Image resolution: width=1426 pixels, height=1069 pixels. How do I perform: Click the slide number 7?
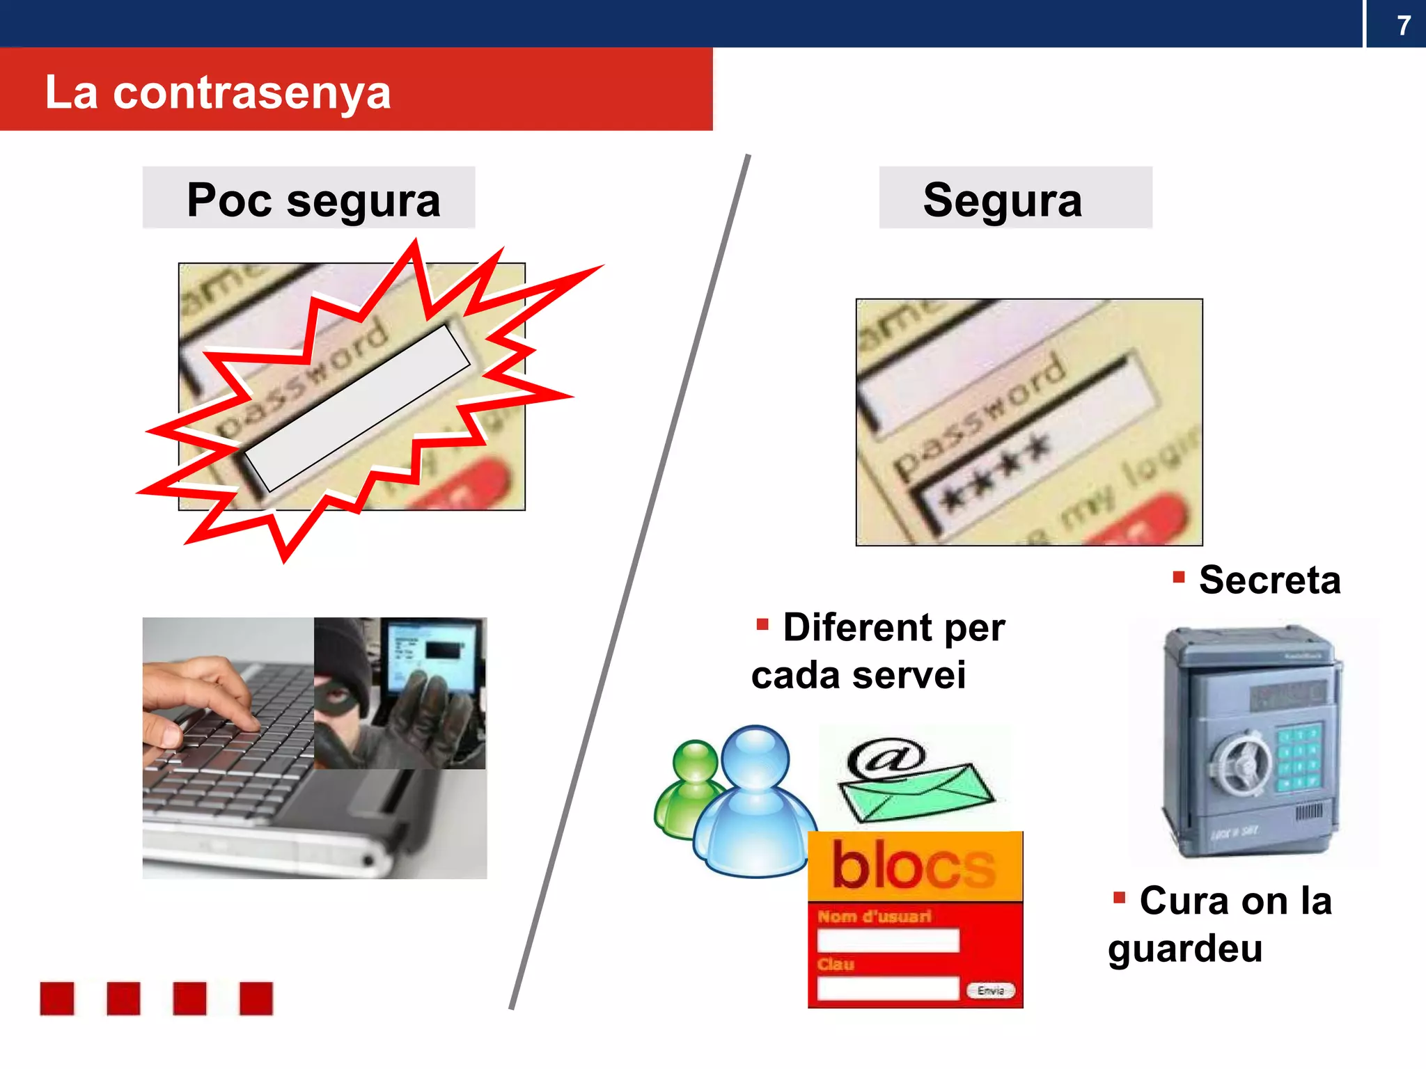[x=1403, y=26]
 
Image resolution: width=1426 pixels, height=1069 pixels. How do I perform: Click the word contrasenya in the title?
[x=251, y=93]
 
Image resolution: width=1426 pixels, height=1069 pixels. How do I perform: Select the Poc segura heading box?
[x=309, y=198]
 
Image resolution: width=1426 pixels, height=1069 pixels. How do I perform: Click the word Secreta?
[x=1269, y=580]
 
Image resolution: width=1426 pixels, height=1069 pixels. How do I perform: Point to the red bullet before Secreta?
[x=1178, y=577]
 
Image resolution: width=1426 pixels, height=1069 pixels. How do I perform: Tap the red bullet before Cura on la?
[x=1119, y=898]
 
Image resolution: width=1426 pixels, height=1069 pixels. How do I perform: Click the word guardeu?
[x=1185, y=949]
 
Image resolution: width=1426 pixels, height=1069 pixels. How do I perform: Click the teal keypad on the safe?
[x=1299, y=757]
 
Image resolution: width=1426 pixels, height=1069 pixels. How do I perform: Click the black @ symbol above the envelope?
[x=886, y=757]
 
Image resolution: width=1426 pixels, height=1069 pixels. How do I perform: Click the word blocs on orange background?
[x=914, y=865]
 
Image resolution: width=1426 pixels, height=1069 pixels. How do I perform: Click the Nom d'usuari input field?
[x=888, y=940]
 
